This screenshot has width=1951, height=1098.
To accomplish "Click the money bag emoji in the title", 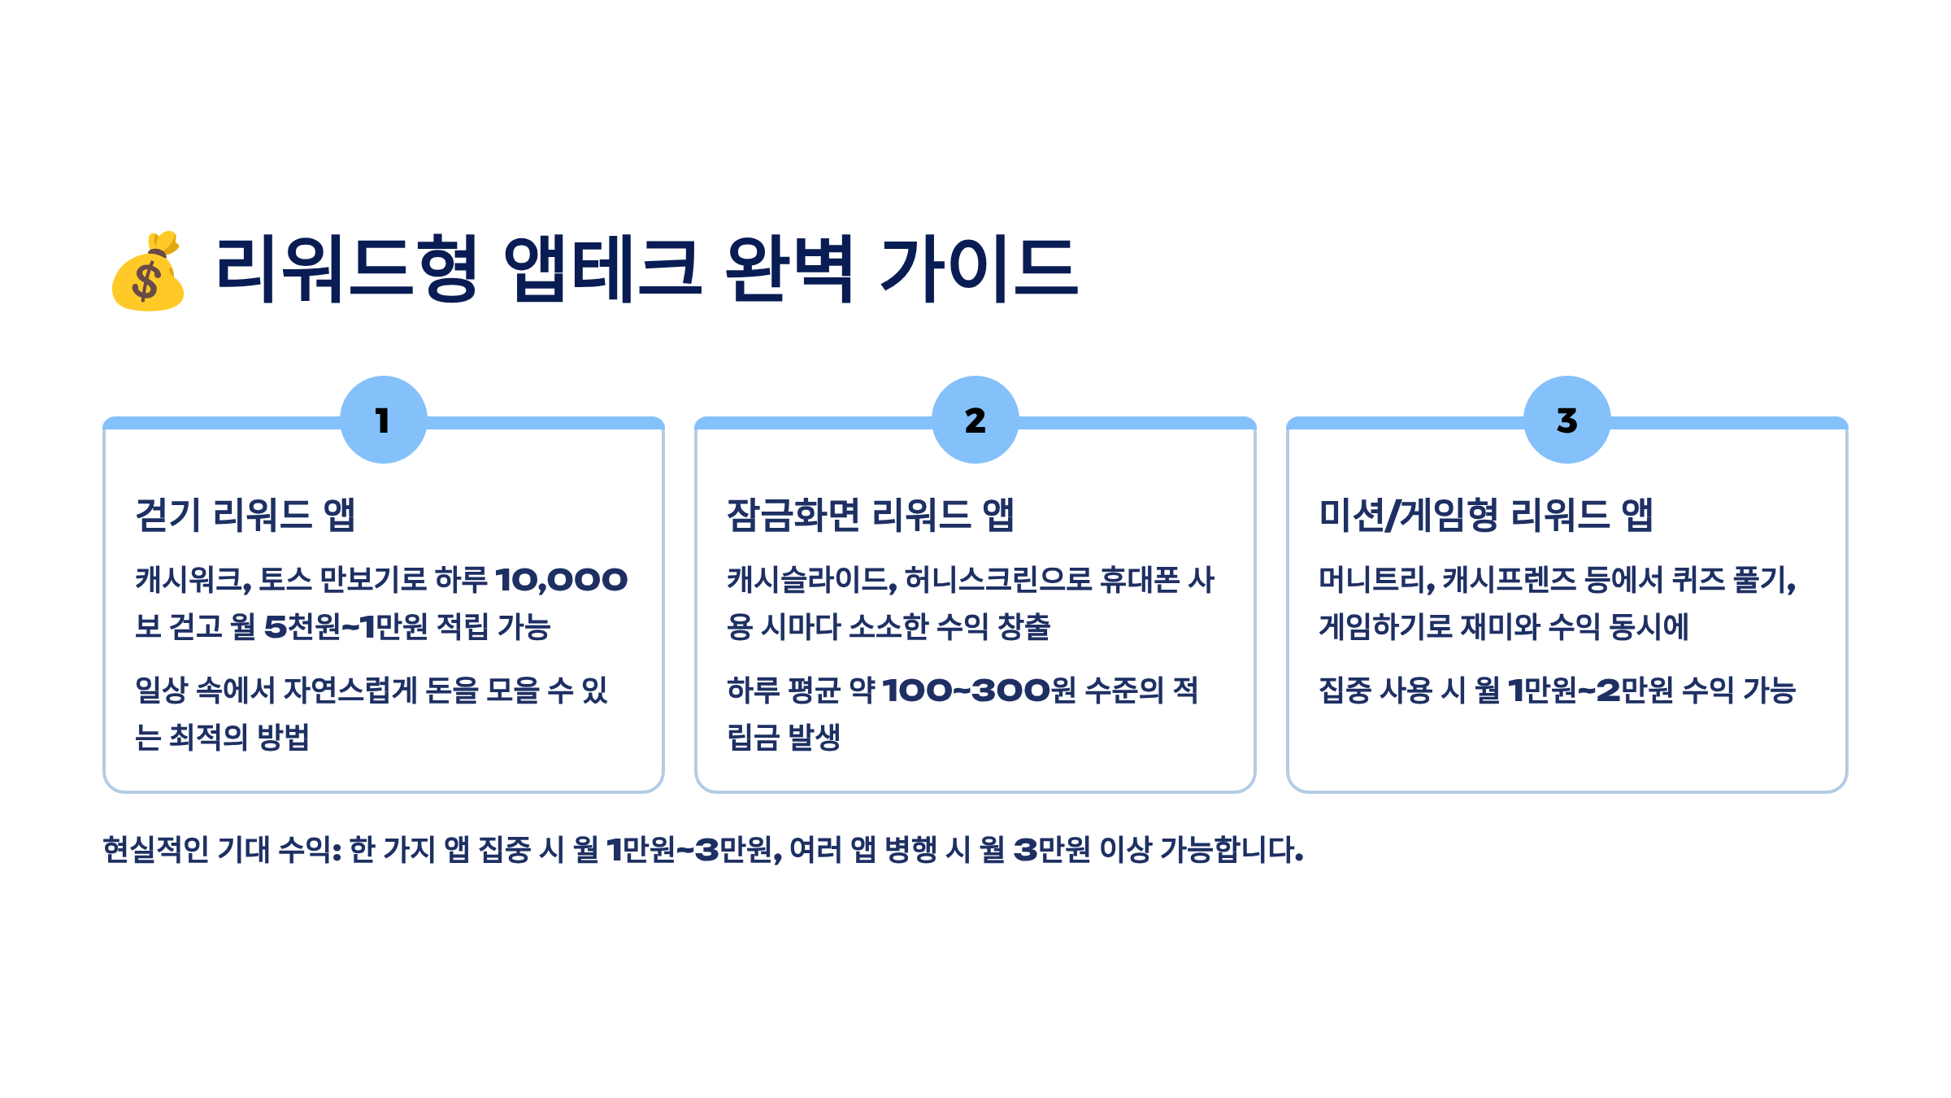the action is coord(148,272).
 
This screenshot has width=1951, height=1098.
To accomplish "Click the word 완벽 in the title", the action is coord(789,268).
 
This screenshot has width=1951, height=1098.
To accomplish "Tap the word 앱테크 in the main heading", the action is coord(602,268).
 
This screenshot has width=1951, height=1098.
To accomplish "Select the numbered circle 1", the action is coord(383,420).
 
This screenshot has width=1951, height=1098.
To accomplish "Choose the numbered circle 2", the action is coord(975,420).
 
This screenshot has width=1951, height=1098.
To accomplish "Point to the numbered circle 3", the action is coord(1566,420).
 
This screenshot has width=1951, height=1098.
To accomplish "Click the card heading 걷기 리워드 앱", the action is coord(246,515).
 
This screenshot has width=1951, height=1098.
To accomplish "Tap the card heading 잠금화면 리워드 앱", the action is coord(870,515).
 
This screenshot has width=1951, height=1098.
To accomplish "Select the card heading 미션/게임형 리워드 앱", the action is coord(1486,515).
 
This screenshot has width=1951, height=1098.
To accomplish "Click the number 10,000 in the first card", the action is coord(561,580).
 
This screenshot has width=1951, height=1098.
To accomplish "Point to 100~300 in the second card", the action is coord(965,691).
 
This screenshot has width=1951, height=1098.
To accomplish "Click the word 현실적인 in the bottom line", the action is coord(155,850).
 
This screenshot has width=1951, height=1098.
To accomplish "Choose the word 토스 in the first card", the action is coord(285,580).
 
